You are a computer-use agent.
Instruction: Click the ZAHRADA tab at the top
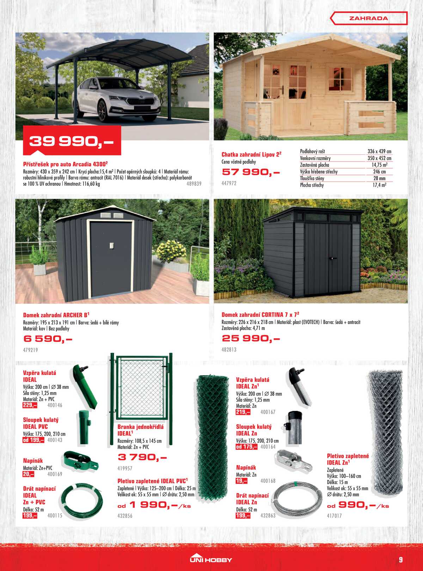[368, 18]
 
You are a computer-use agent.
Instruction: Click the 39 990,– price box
[72, 141]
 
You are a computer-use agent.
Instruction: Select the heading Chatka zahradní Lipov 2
[251, 154]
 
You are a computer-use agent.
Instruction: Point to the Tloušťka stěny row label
[312, 178]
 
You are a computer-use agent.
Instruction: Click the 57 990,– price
[251, 172]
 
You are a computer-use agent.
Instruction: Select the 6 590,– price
[48, 339]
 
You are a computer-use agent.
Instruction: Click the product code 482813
[229, 350]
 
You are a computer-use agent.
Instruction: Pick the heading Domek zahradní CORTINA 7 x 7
[260, 314]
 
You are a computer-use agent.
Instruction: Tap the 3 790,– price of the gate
[142, 457]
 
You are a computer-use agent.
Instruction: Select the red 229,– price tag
[30, 405]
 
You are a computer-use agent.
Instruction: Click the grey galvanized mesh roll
[385, 432]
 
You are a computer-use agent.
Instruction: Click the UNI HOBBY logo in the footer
[211, 559]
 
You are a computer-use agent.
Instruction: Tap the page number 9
[401, 559]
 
